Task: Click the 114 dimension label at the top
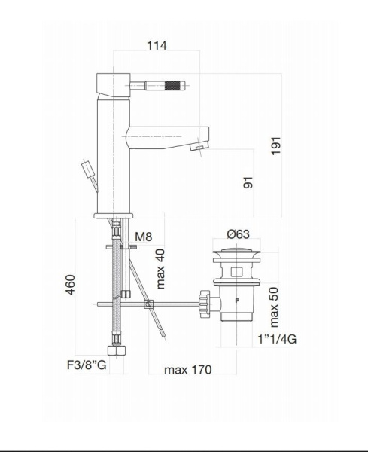(157, 46)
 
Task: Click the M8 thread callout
(144, 238)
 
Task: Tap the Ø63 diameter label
(238, 234)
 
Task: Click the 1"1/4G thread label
(276, 339)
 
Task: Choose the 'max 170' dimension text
(187, 369)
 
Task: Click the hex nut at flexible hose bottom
(117, 351)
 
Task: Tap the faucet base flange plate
(114, 215)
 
